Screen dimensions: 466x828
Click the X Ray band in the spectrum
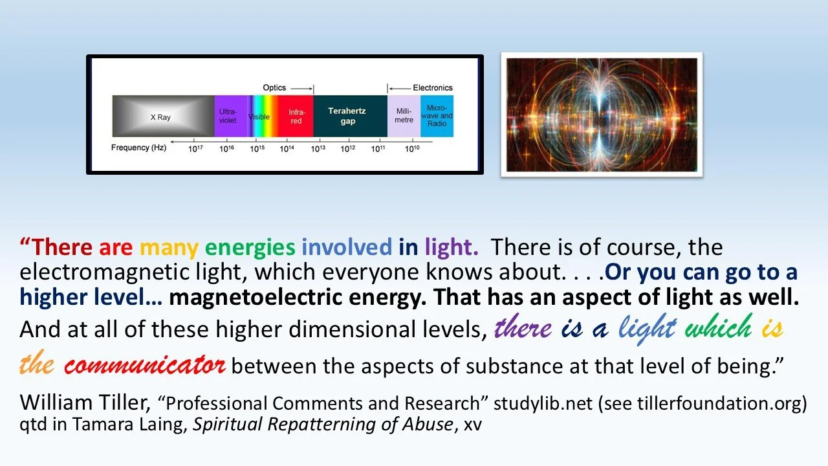click(162, 116)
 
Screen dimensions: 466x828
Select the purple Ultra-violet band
click(228, 116)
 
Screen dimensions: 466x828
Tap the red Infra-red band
click(296, 116)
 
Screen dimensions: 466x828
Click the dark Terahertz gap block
click(349, 116)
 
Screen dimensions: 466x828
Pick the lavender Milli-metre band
click(404, 116)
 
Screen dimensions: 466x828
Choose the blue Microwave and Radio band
click(437, 116)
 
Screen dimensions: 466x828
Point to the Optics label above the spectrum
click(274, 87)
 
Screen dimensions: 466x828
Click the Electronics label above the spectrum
click(432, 87)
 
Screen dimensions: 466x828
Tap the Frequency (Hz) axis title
click(138, 148)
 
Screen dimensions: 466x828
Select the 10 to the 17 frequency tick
click(195, 149)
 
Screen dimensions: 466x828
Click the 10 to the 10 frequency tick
click(411, 149)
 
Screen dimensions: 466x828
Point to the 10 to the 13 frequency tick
click(318, 149)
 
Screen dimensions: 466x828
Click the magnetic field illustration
click(602, 115)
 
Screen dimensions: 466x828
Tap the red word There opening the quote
click(63, 247)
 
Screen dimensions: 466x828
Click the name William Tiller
click(84, 402)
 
